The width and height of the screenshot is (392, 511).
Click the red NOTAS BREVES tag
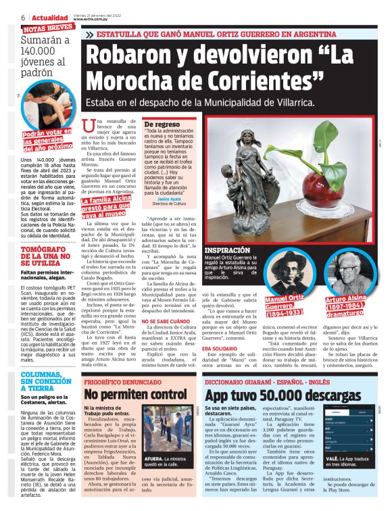(x=48, y=28)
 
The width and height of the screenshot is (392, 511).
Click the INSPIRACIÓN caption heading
(x=244, y=250)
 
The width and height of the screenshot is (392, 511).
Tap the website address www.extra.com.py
(x=101, y=20)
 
